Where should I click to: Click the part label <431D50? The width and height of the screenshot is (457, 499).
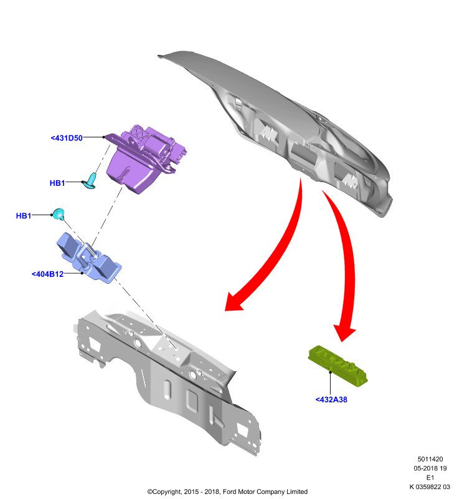[67, 138]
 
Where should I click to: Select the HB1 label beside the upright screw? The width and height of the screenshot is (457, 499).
[57, 183]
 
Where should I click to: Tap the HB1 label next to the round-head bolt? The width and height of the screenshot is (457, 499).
[24, 216]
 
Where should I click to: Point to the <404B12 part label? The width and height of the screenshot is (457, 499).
[48, 274]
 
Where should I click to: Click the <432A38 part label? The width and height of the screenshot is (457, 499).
[331, 400]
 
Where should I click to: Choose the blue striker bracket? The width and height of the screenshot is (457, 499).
[88, 258]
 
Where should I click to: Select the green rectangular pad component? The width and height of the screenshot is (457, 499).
[338, 366]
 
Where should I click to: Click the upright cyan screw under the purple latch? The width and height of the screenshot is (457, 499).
[90, 180]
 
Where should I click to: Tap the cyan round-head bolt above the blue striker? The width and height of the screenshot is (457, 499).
[59, 214]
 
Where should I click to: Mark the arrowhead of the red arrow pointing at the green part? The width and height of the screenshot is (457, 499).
[344, 333]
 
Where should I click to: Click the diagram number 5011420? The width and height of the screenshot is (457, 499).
[430, 459]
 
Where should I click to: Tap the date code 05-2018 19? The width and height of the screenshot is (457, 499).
[430, 468]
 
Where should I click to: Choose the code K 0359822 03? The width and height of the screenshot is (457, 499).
[430, 487]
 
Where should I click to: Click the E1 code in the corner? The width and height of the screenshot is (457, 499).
[430, 477]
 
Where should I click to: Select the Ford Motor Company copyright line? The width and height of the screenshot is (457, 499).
[227, 492]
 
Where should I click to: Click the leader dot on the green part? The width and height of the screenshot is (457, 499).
[330, 372]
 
